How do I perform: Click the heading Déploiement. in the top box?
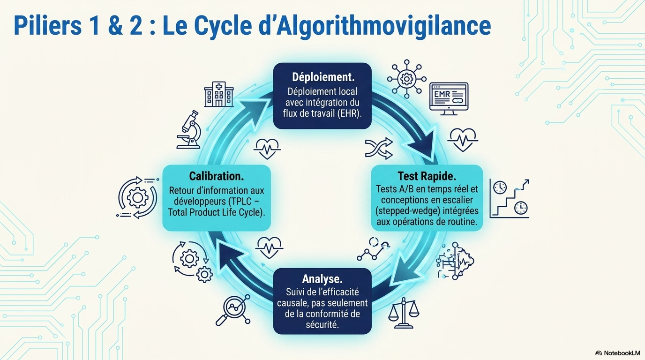point(323,77)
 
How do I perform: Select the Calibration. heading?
point(216,176)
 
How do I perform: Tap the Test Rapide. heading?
point(427,176)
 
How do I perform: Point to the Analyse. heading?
point(322,279)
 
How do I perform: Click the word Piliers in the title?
point(47,26)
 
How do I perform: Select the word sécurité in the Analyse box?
point(322,324)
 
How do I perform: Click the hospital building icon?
point(219,94)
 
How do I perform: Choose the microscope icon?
point(190,129)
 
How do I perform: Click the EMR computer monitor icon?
point(449,99)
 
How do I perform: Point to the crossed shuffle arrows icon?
point(379,149)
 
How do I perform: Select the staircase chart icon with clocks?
point(509,198)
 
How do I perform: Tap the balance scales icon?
point(404,313)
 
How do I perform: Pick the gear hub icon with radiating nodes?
point(406,79)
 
